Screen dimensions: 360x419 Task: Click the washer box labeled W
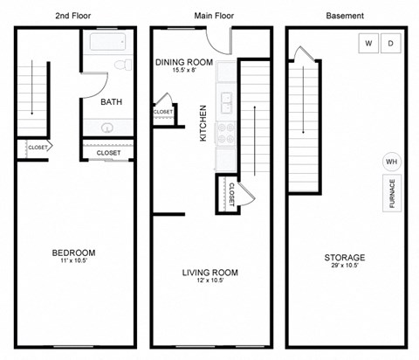pyautogui.click(x=367, y=44)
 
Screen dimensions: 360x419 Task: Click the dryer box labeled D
pyautogui.click(x=390, y=44)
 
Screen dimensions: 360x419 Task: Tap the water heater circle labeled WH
pyautogui.click(x=391, y=162)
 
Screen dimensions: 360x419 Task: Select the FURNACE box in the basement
pyautogui.click(x=392, y=196)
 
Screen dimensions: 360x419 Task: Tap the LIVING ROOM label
pyautogui.click(x=209, y=273)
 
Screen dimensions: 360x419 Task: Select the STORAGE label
pyautogui.click(x=344, y=258)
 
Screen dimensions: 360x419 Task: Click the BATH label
pyautogui.click(x=112, y=102)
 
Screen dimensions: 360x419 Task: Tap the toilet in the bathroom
pyautogui.click(x=123, y=66)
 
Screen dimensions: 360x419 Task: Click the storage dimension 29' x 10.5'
pyautogui.click(x=344, y=267)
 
